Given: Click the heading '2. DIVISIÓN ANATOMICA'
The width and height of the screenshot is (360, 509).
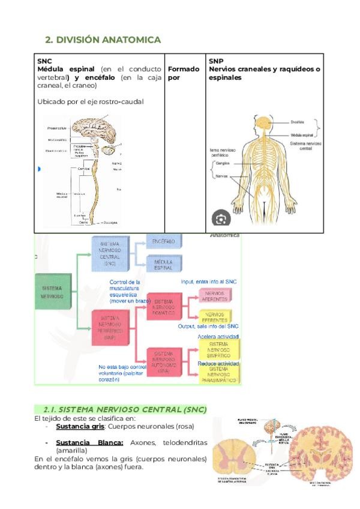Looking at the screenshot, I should click(x=103, y=40).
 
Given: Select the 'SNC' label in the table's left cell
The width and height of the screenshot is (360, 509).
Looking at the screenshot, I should click(x=44, y=61).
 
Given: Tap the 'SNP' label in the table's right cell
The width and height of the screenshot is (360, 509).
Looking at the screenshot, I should click(x=216, y=61).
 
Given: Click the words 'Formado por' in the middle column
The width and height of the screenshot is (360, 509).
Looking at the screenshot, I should click(x=183, y=73).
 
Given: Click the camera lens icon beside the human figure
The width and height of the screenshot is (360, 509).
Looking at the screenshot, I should click(x=221, y=217).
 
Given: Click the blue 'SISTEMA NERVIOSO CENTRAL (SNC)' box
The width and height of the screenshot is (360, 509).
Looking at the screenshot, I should click(x=110, y=253).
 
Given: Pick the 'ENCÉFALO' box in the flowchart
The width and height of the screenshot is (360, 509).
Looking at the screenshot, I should click(x=163, y=242).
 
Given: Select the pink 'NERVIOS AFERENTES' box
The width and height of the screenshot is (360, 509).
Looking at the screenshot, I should click(x=214, y=295).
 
